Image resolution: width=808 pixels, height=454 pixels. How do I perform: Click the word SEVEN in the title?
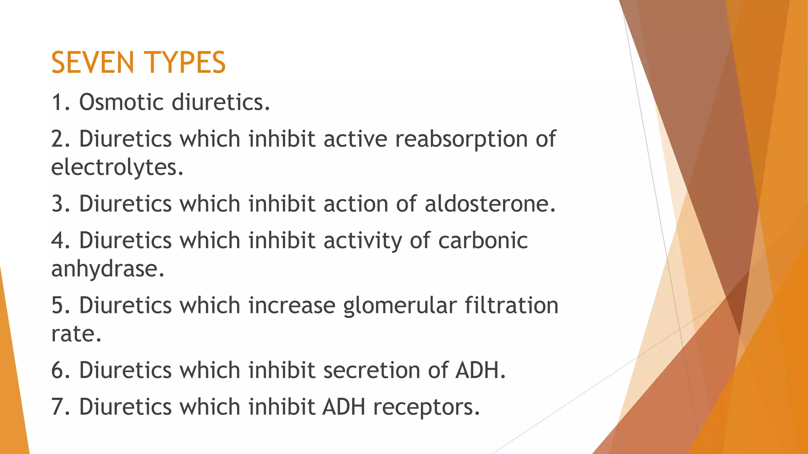[x=93, y=63]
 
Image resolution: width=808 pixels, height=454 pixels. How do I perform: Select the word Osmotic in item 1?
[x=122, y=102]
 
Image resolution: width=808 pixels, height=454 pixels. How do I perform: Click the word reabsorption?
[x=462, y=139]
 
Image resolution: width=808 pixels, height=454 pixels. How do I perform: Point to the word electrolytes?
[x=117, y=167]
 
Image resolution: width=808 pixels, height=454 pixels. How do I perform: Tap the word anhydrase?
[x=108, y=269]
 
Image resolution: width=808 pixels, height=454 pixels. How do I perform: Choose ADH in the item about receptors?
[x=344, y=407]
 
